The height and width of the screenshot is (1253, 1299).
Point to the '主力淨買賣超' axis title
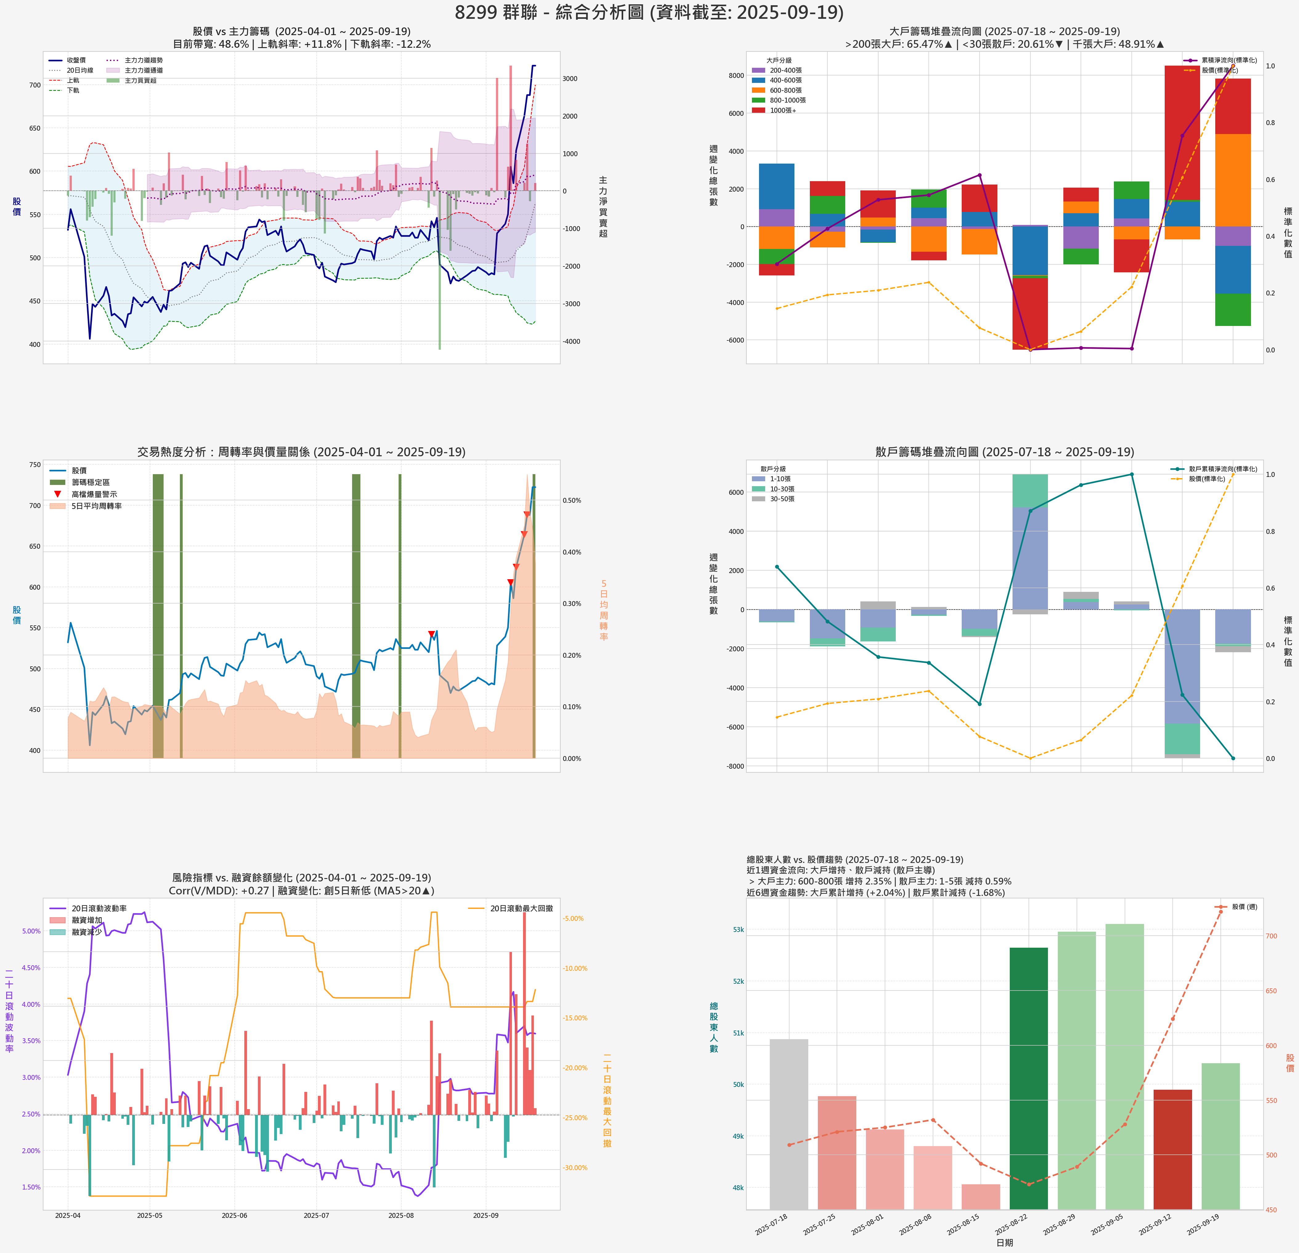[x=603, y=207]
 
